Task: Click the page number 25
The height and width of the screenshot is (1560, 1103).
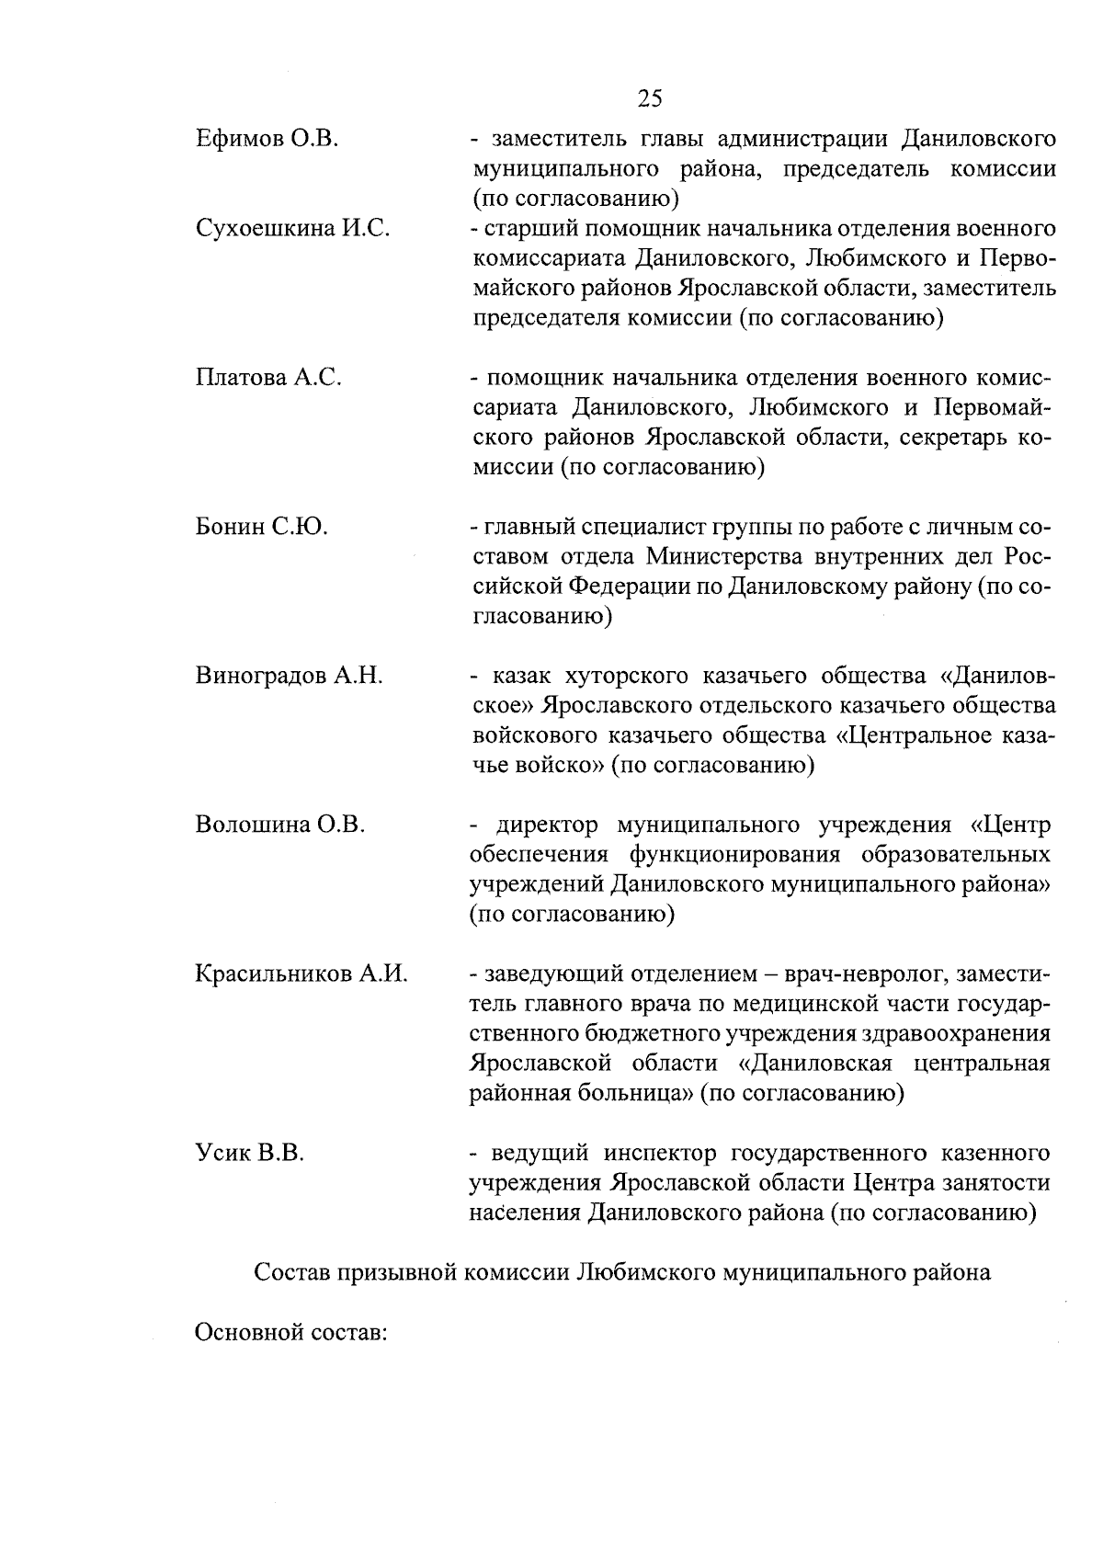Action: (x=649, y=98)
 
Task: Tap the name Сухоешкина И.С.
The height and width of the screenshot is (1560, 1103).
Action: (x=293, y=229)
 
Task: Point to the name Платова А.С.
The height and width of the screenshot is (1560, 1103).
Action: (x=268, y=378)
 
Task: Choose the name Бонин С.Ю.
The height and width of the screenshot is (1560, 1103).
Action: (x=262, y=527)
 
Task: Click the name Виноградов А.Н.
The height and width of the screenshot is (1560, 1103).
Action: (x=289, y=676)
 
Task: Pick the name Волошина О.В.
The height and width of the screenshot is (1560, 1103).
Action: (x=280, y=825)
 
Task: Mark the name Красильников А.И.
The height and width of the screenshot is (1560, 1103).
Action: (x=301, y=974)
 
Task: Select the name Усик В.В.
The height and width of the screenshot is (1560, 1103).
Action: (x=249, y=1153)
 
